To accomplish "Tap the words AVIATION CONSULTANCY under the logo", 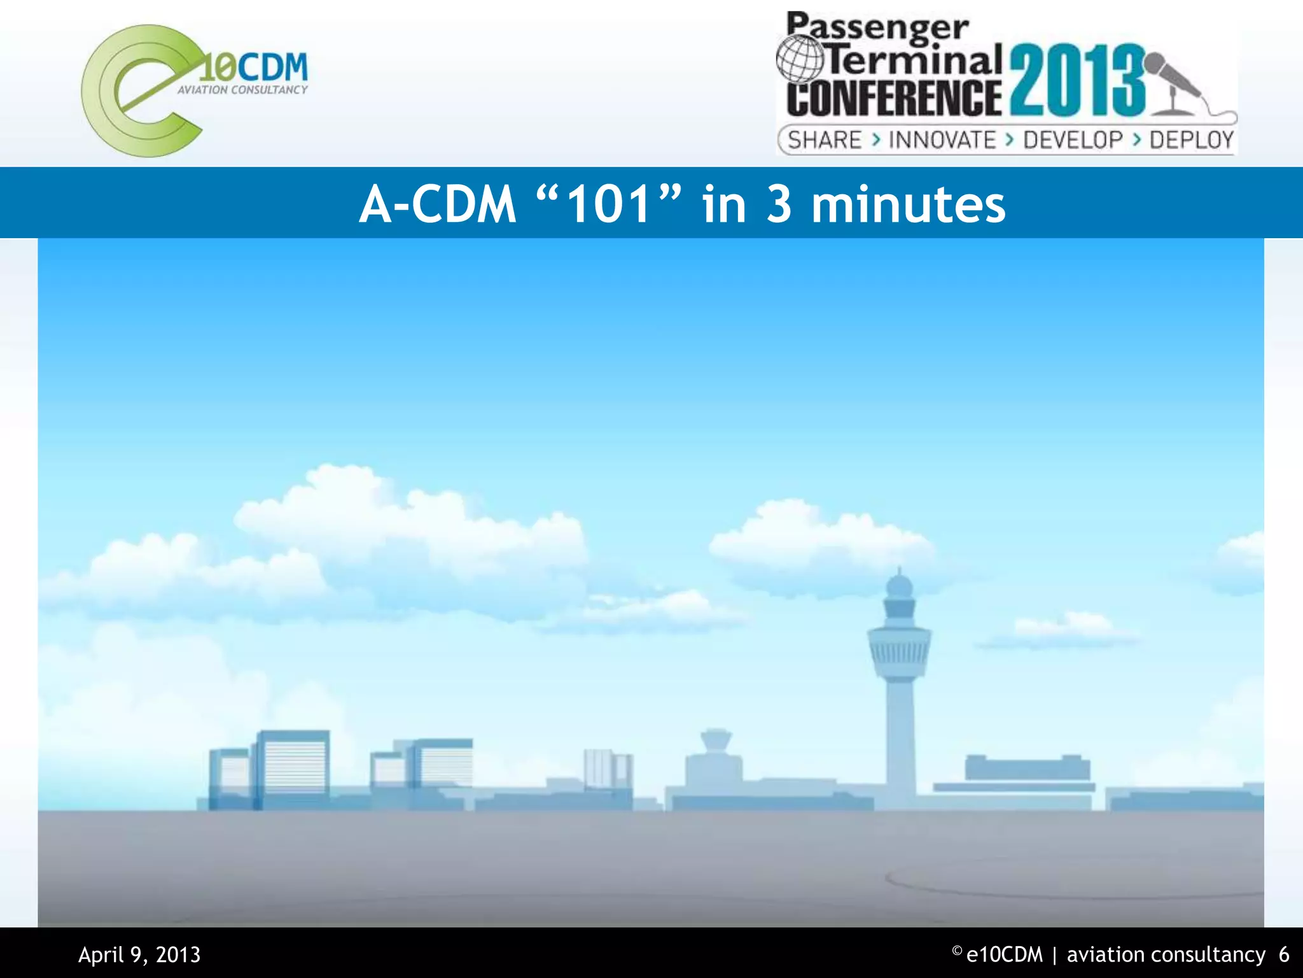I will coord(242,90).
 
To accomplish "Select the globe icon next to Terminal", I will coord(800,59).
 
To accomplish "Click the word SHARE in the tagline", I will coord(825,140).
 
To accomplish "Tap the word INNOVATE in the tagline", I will coord(942,140).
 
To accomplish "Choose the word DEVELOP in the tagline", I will coord(1073,140).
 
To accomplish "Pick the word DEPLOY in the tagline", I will coord(1191,140).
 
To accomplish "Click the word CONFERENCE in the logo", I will coord(894,97).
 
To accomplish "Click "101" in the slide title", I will coord(610,204).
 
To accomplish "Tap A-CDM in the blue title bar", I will coord(438,204).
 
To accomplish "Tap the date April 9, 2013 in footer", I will coord(139,954).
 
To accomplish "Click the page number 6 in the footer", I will coord(1284,954).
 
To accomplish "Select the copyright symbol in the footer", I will coord(957,951).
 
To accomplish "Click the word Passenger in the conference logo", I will coord(877,29).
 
